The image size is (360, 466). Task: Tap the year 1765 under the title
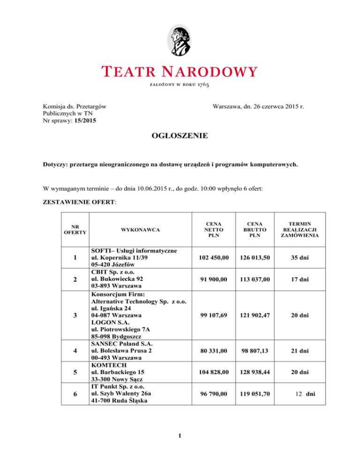click(x=203, y=85)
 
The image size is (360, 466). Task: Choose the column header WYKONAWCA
click(x=140, y=230)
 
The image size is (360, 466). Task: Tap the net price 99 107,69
click(x=213, y=315)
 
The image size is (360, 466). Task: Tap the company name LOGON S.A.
click(x=108, y=323)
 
